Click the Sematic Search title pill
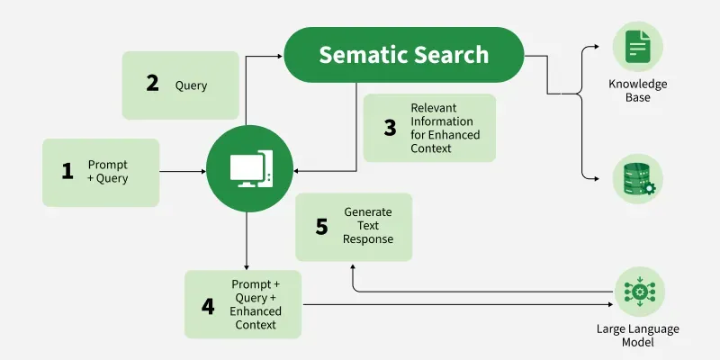[404, 55]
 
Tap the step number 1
[67, 171]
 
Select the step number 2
[152, 84]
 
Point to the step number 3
[390, 128]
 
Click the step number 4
[208, 305]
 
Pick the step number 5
[321, 227]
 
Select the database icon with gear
[637, 178]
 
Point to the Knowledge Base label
[637, 90]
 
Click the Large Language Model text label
[637, 336]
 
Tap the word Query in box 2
[191, 85]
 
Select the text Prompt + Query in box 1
[108, 171]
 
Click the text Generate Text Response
[367, 227]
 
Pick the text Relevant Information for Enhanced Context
[445, 128]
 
